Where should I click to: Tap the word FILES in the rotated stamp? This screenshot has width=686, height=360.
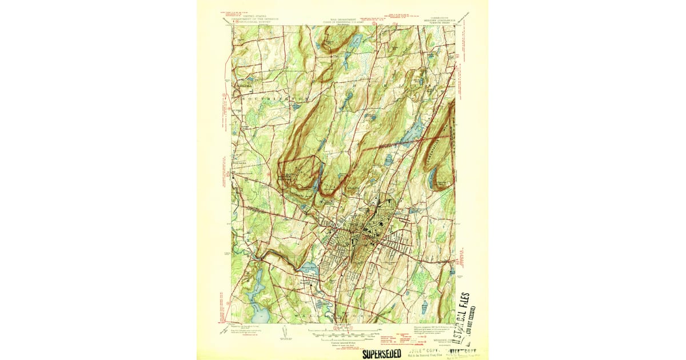(x=465, y=307)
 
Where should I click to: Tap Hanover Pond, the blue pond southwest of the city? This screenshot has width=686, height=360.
(x=309, y=266)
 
